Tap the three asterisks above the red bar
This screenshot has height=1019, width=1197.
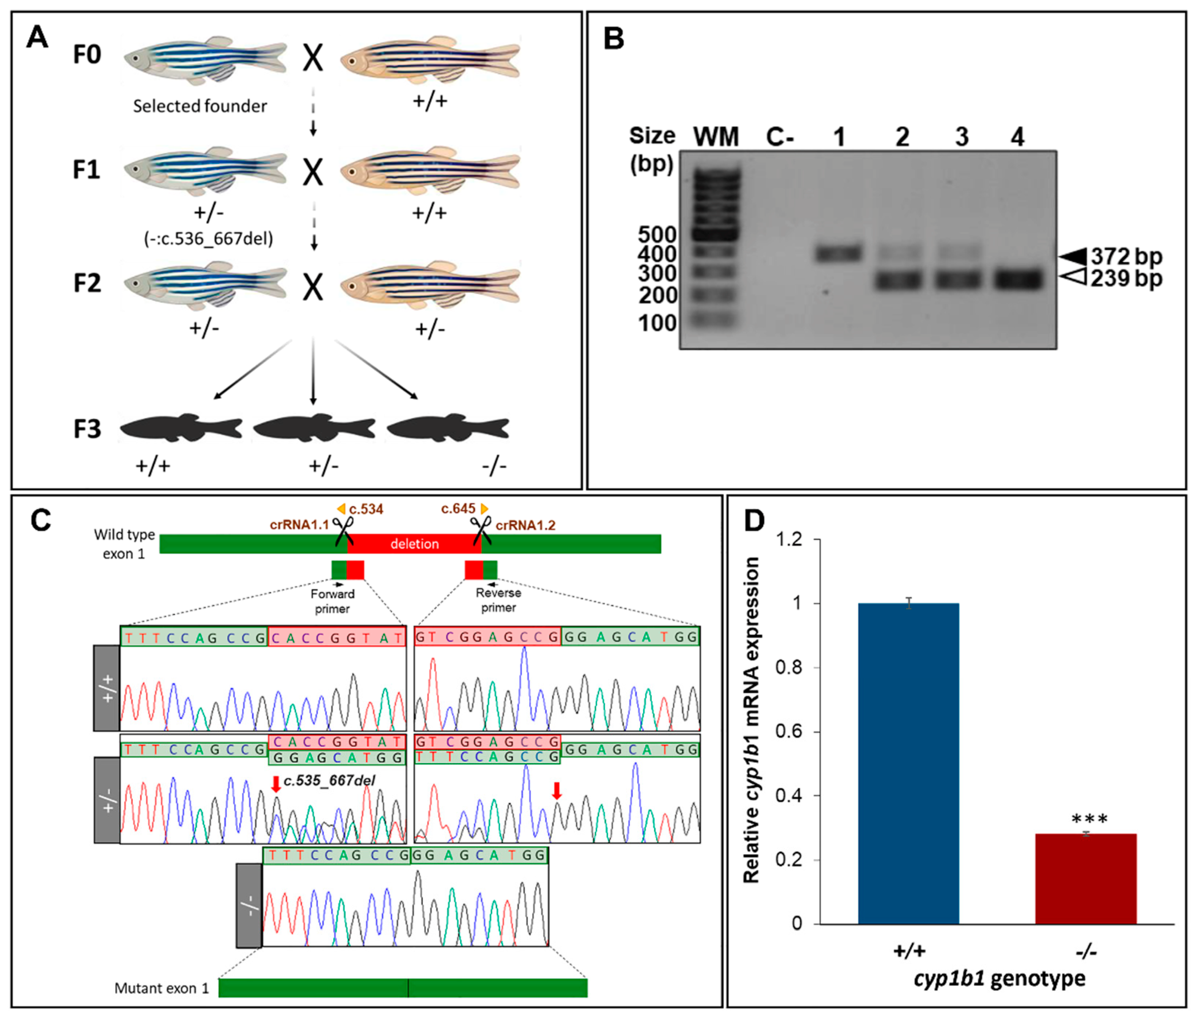1089,819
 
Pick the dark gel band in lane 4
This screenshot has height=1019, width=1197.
1018,280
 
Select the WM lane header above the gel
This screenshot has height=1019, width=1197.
716,137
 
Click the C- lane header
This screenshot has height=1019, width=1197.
780,137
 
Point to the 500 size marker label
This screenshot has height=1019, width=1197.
657,234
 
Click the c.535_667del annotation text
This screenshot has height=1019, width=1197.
329,781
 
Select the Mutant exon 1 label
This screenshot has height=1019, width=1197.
162,988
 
